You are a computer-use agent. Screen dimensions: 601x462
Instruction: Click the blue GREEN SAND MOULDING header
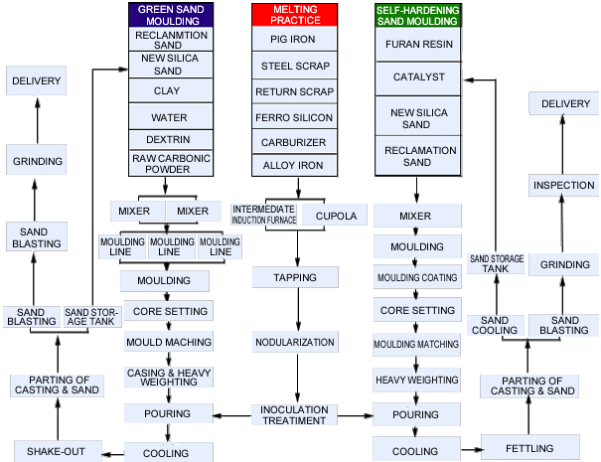171,15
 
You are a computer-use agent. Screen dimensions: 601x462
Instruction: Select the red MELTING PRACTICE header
295,15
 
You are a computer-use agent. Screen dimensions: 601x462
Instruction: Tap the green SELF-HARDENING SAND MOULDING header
418,15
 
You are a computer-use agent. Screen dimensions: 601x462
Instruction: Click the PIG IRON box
294,39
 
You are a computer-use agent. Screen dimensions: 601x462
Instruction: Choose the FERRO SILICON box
294,117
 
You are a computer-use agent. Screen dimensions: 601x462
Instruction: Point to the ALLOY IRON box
294,166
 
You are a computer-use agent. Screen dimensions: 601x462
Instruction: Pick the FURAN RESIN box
418,45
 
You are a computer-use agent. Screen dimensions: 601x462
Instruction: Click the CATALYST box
418,78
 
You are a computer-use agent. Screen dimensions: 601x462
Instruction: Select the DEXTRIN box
171,139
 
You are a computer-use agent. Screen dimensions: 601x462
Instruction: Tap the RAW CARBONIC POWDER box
171,163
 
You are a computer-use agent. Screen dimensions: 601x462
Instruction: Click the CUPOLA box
335,216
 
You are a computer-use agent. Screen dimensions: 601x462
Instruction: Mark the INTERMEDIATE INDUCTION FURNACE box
263,215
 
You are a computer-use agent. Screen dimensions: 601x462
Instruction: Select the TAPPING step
295,277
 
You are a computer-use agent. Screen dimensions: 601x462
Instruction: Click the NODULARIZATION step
295,342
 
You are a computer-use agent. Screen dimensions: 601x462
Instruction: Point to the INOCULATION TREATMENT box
294,415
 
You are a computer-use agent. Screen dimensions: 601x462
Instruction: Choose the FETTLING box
530,447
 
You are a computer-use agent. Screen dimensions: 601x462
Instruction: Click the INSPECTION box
563,185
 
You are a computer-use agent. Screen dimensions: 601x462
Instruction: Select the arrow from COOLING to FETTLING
472,449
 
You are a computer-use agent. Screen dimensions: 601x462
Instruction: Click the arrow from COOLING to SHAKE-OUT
113,454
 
